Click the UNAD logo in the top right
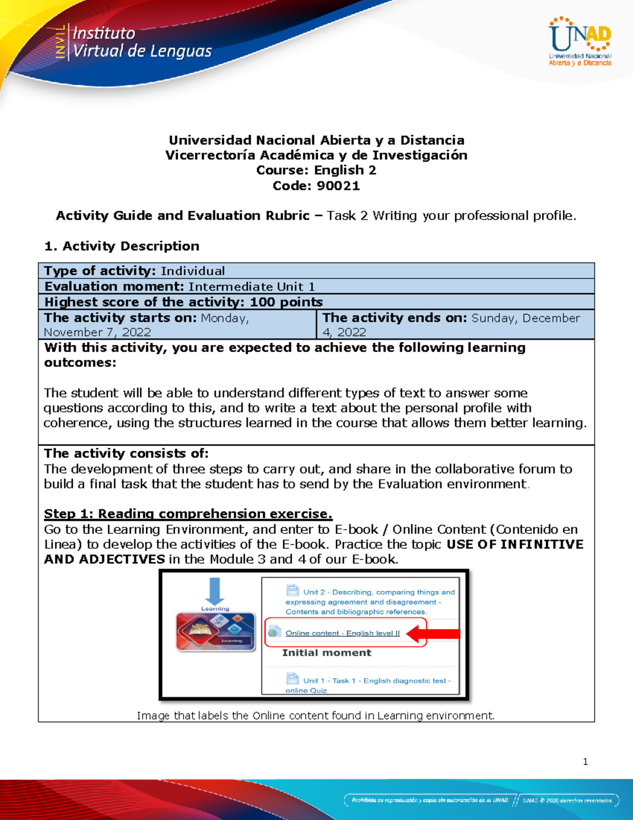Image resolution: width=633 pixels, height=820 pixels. tap(580, 41)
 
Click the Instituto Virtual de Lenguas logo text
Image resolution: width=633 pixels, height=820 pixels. tap(141, 42)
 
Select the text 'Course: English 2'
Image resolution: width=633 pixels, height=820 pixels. tap(316, 170)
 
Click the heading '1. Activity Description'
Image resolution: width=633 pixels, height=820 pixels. tap(122, 246)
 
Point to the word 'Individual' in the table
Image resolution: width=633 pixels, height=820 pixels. tap(193, 271)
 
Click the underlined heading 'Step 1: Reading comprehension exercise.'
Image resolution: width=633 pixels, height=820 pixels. tap(188, 514)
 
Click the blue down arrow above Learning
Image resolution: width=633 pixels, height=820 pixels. tap(214, 591)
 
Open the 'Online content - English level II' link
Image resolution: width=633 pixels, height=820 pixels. tap(342, 633)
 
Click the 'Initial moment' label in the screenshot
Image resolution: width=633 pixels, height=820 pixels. tap(327, 653)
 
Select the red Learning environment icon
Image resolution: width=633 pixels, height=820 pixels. tap(216, 632)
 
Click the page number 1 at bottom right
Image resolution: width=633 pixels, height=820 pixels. tap(585, 761)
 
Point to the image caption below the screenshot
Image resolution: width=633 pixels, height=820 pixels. tap(315, 715)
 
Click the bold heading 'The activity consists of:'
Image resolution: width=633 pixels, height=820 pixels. tap(126, 454)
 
